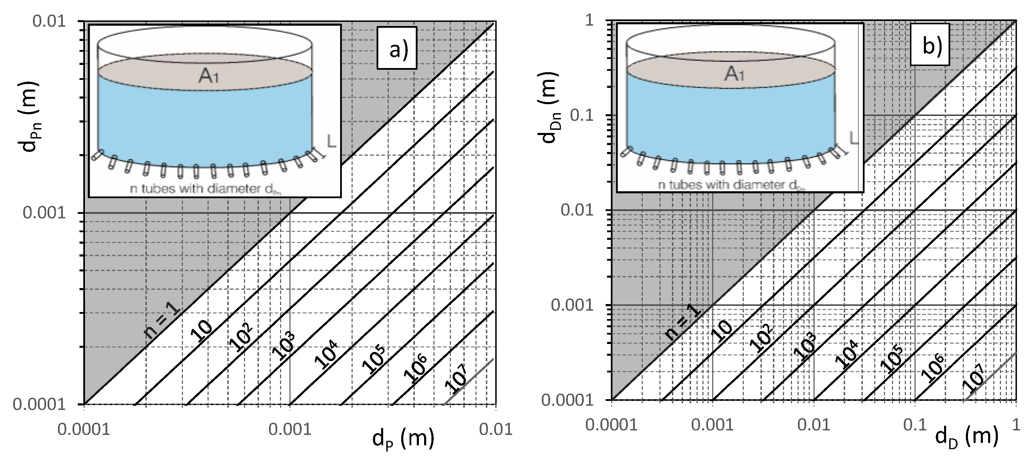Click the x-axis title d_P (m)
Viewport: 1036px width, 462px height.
(x=403, y=439)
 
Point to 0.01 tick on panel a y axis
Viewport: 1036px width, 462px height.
(x=49, y=21)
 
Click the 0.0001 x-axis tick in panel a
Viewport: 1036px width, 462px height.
(x=84, y=429)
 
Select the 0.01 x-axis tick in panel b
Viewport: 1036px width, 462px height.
(x=814, y=425)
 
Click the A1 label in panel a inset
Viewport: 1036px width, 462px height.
(x=209, y=76)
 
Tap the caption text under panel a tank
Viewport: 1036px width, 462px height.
(x=205, y=189)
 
